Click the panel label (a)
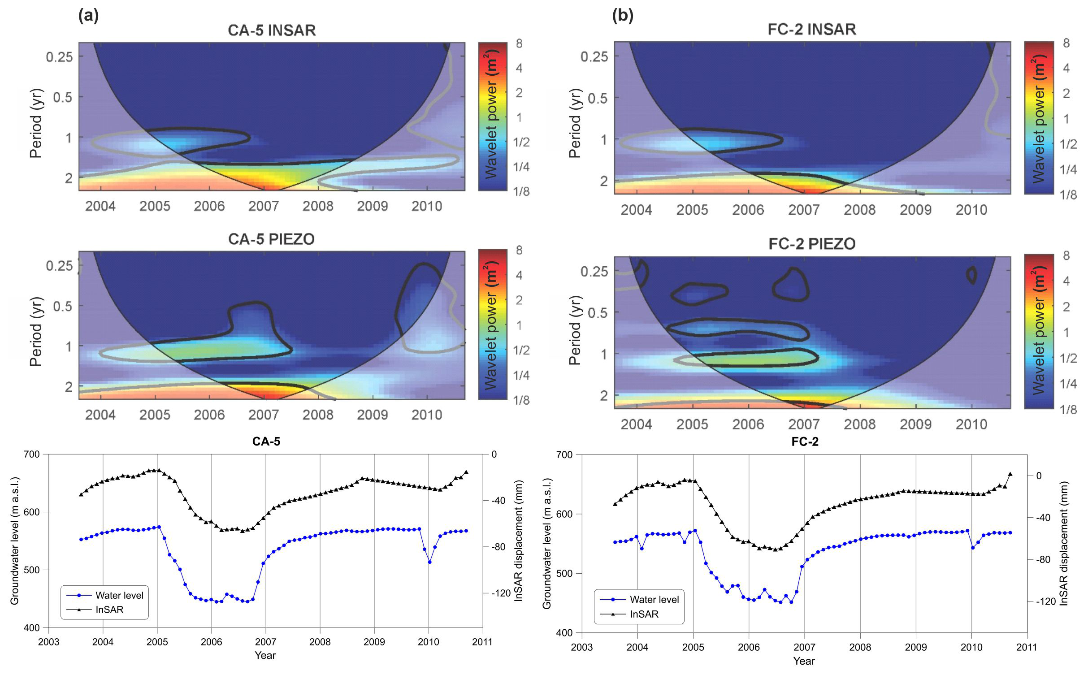tap(88, 16)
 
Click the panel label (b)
tap(623, 16)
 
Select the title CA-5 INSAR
tap(272, 30)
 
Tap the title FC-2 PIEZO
tap(812, 244)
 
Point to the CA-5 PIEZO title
tap(271, 239)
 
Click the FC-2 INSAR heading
tap(812, 30)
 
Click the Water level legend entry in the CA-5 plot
tap(119, 596)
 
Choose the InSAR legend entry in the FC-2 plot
tap(644, 614)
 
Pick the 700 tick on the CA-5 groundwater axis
tap(31, 454)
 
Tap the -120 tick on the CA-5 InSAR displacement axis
tap(501, 593)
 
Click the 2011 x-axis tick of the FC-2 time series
tap(1027, 647)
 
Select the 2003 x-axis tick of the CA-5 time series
tap(48, 642)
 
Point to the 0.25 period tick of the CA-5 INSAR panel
tap(59, 57)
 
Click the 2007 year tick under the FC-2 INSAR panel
tap(804, 210)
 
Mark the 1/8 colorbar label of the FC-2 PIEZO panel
tap(1068, 409)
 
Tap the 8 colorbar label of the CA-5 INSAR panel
tap(519, 44)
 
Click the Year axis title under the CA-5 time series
tap(265, 655)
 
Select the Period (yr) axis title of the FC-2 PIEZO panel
tap(575, 330)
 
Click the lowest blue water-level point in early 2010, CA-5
tap(429, 562)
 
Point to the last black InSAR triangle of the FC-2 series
tap(1010, 474)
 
